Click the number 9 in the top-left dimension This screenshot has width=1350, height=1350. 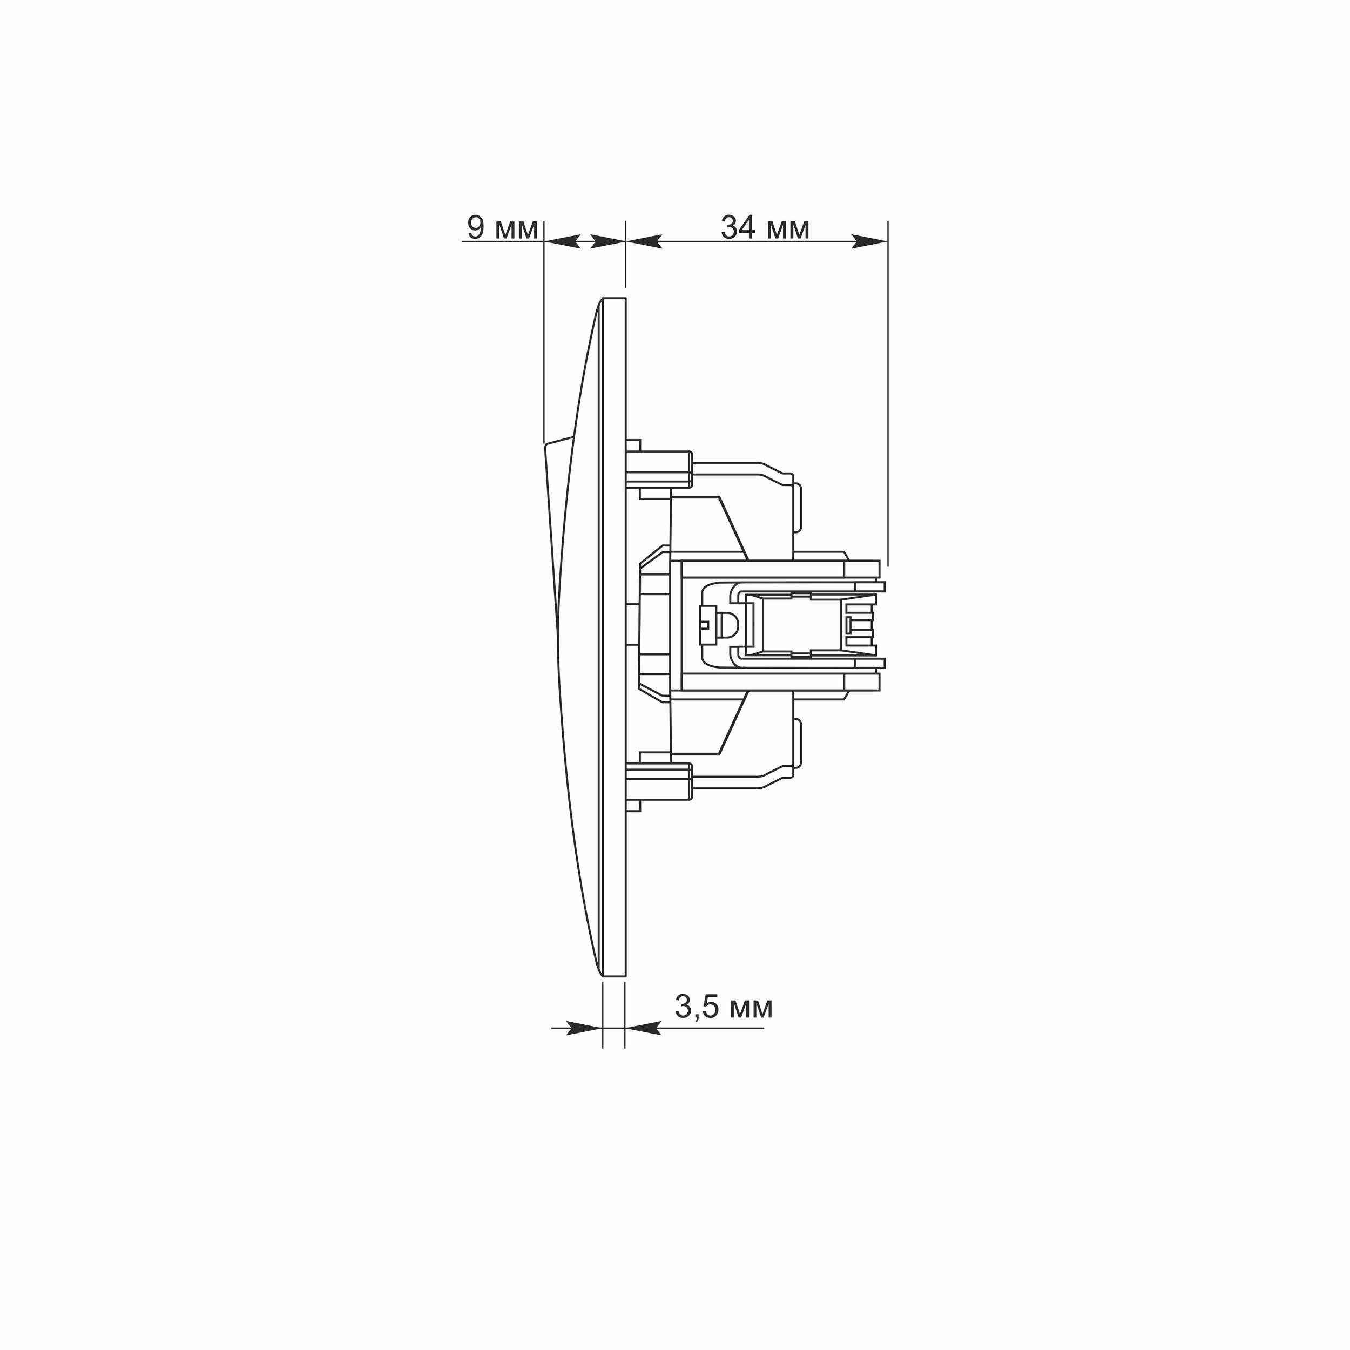click(x=476, y=228)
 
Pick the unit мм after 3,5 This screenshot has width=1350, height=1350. click(x=751, y=1010)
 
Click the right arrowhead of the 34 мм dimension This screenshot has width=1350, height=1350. click(x=869, y=241)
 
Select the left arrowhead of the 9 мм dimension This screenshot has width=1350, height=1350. click(x=562, y=241)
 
